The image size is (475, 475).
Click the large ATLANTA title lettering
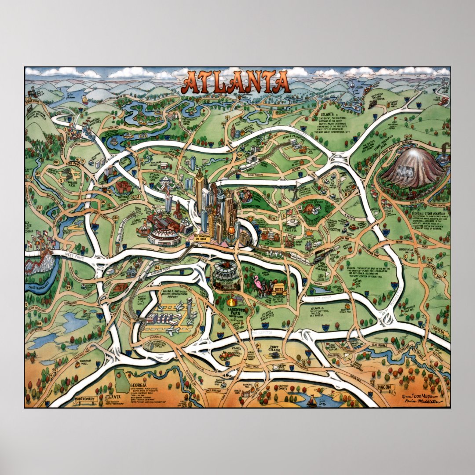click(x=236, y=83)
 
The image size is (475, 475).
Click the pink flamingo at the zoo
click(x=257, y=281)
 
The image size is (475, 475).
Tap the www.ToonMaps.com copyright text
click(x=424, y=396)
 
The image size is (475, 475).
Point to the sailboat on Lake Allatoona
click(x=85, y=100)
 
